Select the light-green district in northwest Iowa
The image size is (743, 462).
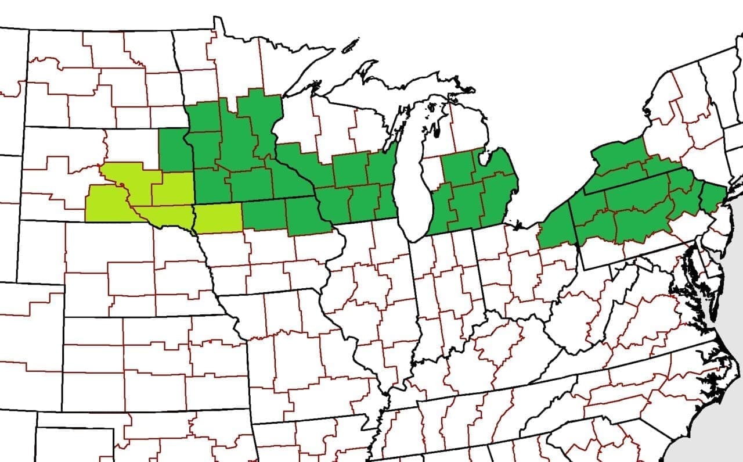pos(218,218)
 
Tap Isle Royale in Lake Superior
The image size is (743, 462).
pos(350,45)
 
